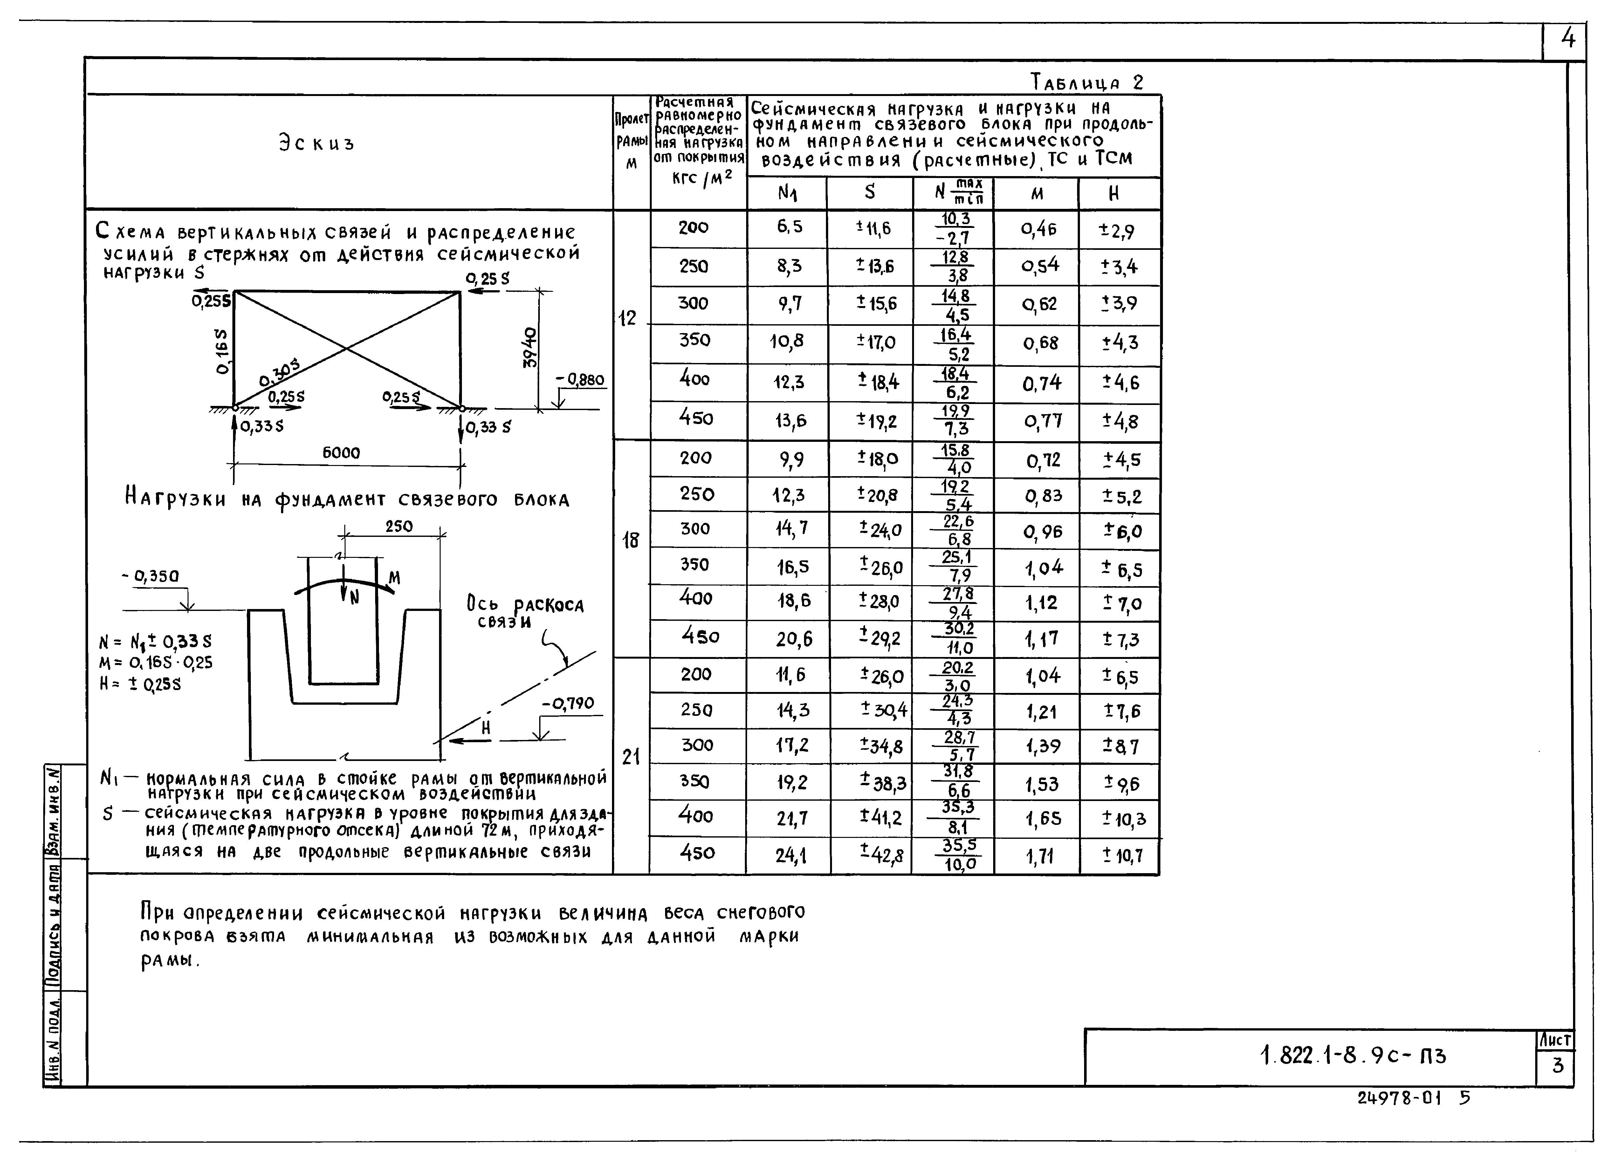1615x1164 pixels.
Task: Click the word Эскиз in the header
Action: click(316, 143)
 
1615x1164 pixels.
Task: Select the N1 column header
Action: click(787, 193)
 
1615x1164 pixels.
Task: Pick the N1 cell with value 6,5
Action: click(789, 226)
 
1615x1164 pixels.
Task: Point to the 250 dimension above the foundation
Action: click(399, 526)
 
